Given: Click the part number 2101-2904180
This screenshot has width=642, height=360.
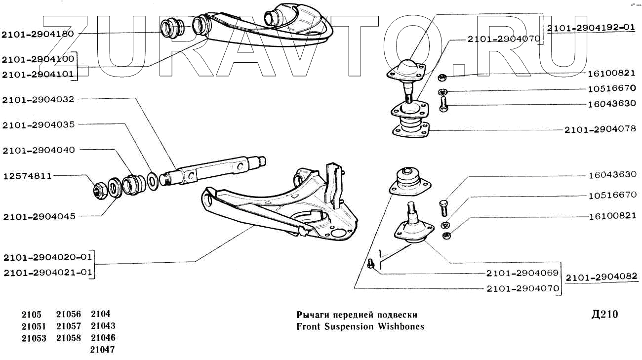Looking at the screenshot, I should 38,34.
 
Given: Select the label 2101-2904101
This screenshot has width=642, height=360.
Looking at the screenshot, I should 38,75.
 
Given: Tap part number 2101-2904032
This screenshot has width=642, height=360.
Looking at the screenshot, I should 38,99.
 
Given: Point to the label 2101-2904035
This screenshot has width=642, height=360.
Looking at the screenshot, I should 38,125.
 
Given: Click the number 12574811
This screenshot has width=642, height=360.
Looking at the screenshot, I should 28,176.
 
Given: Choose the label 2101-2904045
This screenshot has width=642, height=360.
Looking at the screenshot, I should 38,216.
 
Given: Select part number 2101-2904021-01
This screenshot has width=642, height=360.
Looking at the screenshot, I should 47,272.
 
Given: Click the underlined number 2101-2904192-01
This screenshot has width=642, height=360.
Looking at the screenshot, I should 591,28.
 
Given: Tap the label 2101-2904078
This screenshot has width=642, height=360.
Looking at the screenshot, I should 600,130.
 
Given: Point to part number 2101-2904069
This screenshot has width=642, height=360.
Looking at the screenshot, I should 522,273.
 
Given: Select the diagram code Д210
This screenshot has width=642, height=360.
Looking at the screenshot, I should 604,315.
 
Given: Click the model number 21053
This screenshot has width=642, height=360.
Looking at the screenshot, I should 34,338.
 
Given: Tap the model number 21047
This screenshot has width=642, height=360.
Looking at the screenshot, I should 103,350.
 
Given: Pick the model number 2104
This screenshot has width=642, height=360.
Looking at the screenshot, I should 100,314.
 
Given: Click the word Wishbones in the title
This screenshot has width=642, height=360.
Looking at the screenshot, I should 401,326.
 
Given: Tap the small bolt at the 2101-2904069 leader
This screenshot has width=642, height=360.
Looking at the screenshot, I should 371,265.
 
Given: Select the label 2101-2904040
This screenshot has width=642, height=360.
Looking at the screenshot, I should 38,150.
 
